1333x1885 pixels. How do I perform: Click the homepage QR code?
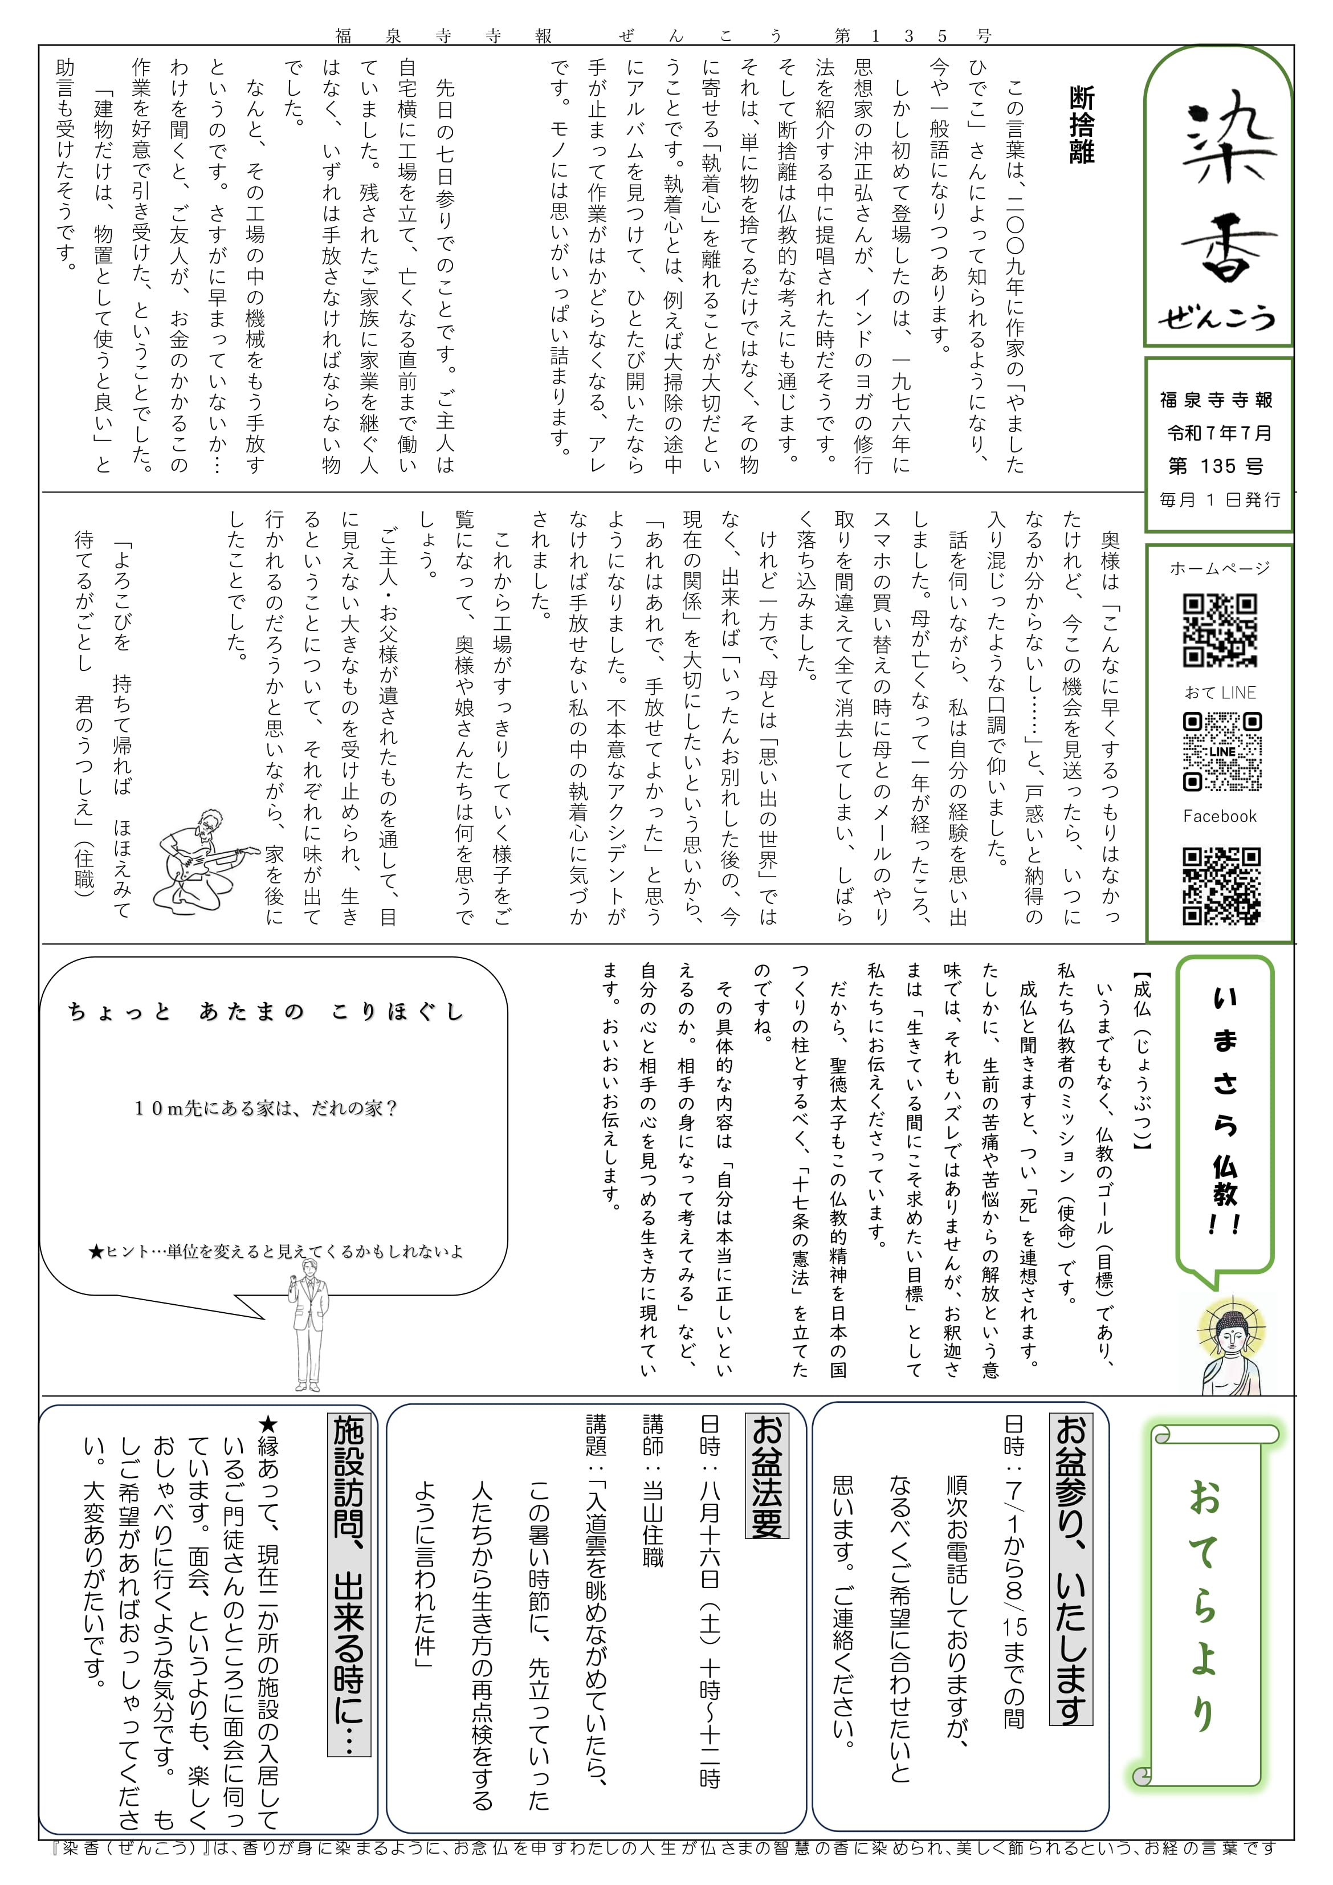[1220, 630]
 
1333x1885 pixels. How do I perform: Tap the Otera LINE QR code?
[1221, 751]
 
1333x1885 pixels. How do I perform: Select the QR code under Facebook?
[1221, 886]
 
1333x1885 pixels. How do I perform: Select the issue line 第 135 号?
[1216, 466]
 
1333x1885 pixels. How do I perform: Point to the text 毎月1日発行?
[1220, 499]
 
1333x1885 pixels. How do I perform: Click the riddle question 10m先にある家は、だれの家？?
[266, 1108]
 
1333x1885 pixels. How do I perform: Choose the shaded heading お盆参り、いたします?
[1070, 1569]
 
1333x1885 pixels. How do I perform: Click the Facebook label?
[1220, 816]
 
